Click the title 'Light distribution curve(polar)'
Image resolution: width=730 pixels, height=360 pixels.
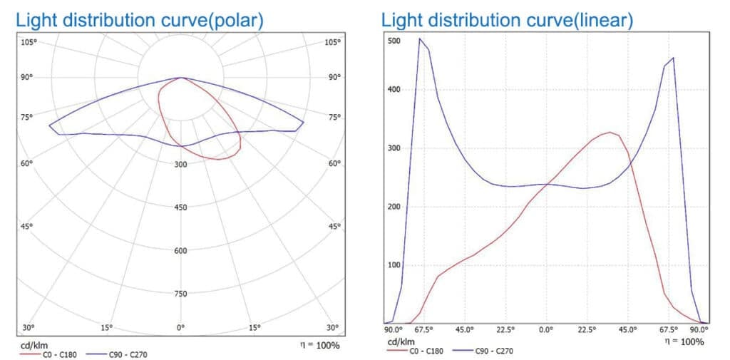tap(140, 20)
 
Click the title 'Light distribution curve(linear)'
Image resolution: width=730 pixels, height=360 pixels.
tap(507, 20)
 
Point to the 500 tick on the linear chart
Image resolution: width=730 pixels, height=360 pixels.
tap(394, 41)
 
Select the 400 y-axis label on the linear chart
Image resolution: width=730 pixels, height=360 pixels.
tap(394, 90)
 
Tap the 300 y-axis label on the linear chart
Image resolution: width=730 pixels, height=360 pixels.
tap(394, 148)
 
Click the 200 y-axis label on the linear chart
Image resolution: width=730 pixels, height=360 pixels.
tap(394, 207)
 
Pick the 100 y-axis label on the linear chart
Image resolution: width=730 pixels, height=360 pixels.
tap(394, 265)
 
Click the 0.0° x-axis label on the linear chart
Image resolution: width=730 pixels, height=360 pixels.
tap(546, 330)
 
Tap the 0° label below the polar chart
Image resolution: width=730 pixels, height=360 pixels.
tap(181, 328)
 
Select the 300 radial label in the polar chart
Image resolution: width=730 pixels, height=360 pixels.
tap(180, 165)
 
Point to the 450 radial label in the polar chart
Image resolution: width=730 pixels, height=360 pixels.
tap(180, 207)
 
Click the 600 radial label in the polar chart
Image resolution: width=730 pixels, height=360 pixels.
tap(180, 250)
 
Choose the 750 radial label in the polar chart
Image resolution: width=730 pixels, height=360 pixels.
tap(180, 293)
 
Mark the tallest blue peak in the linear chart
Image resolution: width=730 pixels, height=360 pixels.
tap(420, 38)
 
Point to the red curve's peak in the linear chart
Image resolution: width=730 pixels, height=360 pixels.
tap(610, 132)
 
